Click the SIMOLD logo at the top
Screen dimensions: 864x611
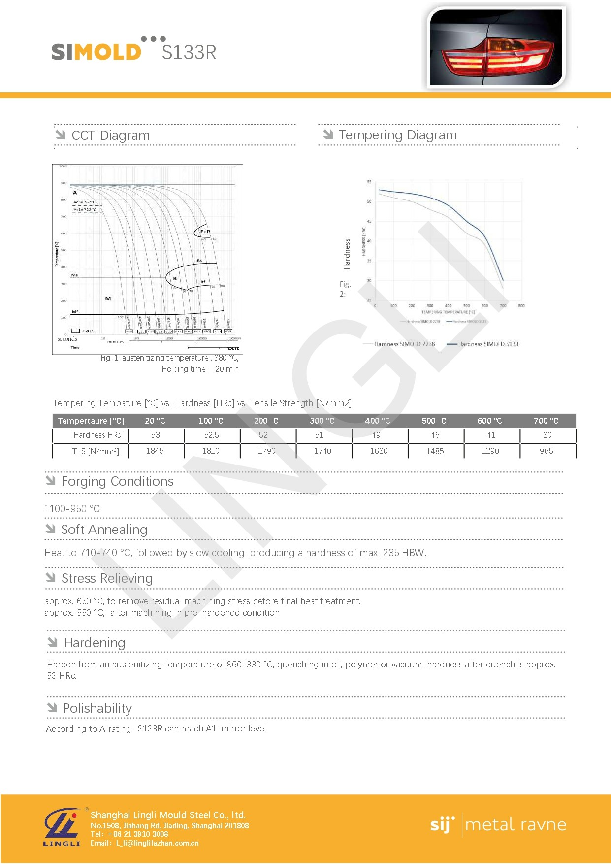pyautogui.click(x=96, y=51)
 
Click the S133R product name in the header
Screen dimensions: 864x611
pyautogui.click(x=189, y=52)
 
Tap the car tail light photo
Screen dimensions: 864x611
pyautogui.click(x=496, y=48)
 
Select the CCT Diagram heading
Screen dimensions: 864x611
pyautogui.click(x=110, y=135)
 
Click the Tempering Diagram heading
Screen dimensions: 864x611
pyautogui.click(x=397, y=135)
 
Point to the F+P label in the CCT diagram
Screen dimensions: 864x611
pyautogui.click(x=205, y=231)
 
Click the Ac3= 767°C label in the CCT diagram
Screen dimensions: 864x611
pyautogui.click(x=85, y=202)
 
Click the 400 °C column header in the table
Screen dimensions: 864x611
pyautogui.click(x=377, y=421)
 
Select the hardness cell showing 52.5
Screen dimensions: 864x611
pyautogui.click(x=211, y=435)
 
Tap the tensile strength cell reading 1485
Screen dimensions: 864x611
pyautogui.click(x=435, y=451)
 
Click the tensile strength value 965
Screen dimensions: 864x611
pyautogui.click(x=546, y=451)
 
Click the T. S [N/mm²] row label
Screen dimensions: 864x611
pyautogui.click(x=96, y=451)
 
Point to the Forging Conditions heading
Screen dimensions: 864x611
pyautogui.click(x=117, y=481)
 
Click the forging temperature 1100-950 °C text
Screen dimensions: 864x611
pyautogui.click(x=72, y=509)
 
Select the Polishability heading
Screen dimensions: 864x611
pyautogui.click(x=97, y=708)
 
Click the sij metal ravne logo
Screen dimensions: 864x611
pyautogui.click(x=498, y=825)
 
